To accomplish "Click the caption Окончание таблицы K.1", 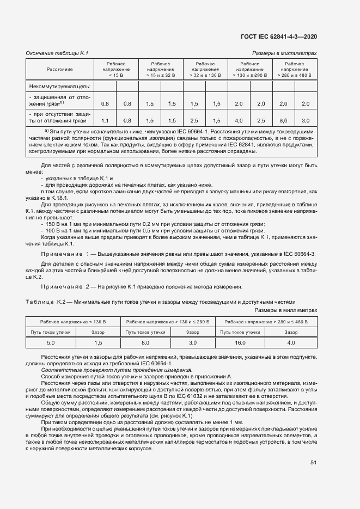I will (x=57, y=53).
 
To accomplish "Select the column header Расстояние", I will (x=59, y=70).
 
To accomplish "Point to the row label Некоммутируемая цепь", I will (x=60, y=86).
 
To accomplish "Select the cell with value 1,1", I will (x=105, y=120).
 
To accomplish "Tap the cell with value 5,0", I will (x=51, y=342).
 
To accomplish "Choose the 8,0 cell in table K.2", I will (x=145, y=342).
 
